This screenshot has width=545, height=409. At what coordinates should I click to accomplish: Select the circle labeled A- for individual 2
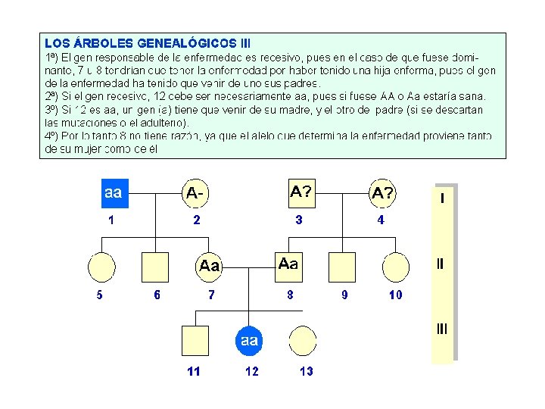point(196,194)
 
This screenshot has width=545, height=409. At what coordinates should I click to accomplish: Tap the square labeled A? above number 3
point(301,192)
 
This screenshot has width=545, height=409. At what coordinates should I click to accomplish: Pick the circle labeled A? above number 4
point(382,194)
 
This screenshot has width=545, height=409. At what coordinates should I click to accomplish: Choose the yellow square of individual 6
point(155,266)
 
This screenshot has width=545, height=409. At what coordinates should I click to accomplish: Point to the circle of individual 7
point(210,266)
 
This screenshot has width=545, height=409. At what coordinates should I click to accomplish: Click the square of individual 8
point(288,264)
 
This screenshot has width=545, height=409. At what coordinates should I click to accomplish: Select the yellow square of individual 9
point(342,266)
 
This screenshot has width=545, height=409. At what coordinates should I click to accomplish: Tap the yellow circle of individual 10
point(396,266)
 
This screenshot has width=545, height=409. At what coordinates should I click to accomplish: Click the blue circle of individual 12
point(249,341)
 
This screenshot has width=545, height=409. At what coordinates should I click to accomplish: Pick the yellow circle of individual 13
point(304,340)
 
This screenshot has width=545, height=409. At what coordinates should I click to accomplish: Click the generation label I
point(442,198)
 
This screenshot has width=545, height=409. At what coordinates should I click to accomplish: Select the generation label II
point(441,264)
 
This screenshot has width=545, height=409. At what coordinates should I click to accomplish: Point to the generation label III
point(441,329)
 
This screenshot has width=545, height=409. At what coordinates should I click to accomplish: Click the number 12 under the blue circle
point(251,372)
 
